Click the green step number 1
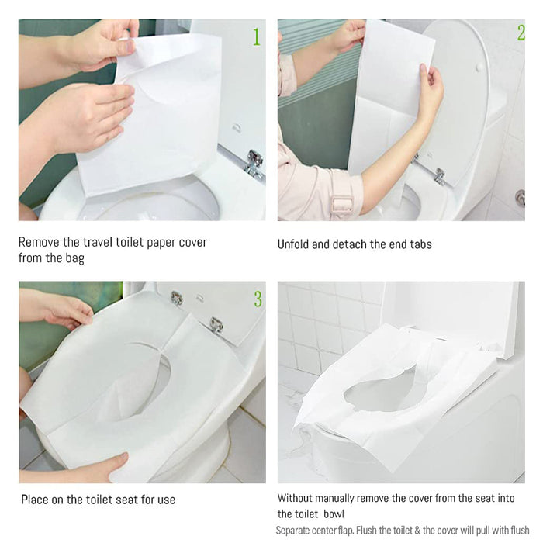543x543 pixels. [257, 36]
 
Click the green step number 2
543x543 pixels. [521, 33]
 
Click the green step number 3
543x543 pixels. [258, 299]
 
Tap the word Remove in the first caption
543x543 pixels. [39, 242]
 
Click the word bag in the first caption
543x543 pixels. [75, 258]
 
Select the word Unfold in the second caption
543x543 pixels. [293, 244]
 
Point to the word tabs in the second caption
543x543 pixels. [420, 244]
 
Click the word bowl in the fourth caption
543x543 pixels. [334, 514]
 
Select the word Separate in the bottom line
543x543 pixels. [292, 531]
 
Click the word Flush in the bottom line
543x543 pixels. [366, 530]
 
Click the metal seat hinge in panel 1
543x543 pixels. [255, 164]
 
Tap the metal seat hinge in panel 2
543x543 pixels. [440, 175]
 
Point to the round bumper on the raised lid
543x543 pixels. [480, 67]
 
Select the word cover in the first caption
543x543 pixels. [192, 242]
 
